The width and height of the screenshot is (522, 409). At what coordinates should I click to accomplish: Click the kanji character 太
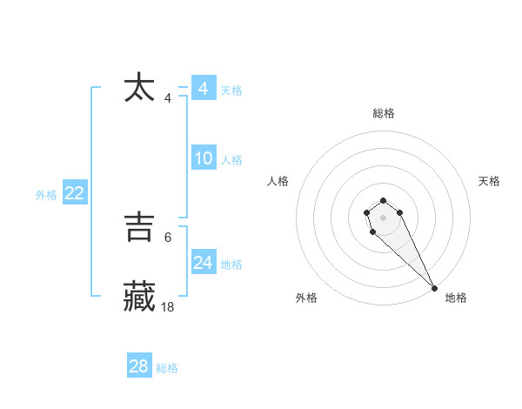(140, 89)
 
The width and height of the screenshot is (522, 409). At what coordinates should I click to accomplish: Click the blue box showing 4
(203, 89)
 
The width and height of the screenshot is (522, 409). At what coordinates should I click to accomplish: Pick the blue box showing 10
(203, 158)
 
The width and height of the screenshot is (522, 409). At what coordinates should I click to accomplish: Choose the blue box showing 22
(74, 193)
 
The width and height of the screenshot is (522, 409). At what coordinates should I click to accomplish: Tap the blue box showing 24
(203, 263)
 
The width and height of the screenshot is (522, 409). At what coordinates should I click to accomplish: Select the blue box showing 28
(139, 366)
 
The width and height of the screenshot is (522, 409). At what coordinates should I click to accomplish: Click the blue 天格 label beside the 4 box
(231, 91)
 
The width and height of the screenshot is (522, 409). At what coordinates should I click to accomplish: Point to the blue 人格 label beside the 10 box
(231, 160)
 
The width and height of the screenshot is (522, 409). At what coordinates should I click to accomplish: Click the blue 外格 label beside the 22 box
(46, 195)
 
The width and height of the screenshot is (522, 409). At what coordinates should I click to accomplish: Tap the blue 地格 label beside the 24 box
(231, 265)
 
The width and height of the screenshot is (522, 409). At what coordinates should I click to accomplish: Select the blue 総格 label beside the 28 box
(167, 368)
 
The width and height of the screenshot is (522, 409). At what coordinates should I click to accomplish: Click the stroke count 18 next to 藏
(168, 307)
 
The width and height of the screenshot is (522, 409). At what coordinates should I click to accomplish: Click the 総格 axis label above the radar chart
(384, 113)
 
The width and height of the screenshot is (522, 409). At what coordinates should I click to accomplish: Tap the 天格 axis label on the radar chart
(490, 181)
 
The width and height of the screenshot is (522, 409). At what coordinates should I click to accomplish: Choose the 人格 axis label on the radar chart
(278, 181)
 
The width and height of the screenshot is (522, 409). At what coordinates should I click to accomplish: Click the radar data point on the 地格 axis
(434, 287)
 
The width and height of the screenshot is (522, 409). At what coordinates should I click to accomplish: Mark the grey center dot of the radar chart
(384, 218)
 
